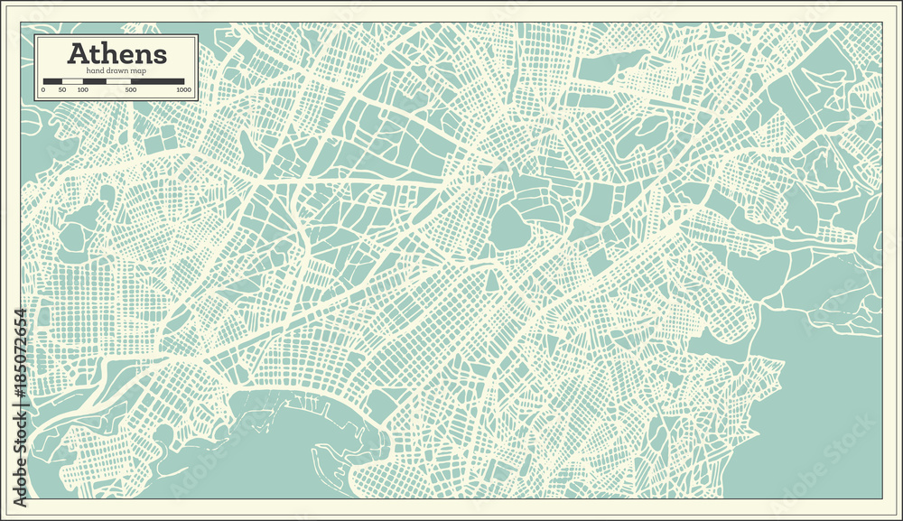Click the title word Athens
click(x=116, y=54)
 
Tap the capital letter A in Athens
click(x=78, y=54)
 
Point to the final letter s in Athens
click(x=159, y=55)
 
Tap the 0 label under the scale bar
click(x=43, y=90)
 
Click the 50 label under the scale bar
click(x=61, y=90)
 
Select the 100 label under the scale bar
click(x=82, y=90)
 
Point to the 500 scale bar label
click(x=131, y=90)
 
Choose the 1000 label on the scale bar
click(x=183, y=90)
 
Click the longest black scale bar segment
click(x=157, y=81)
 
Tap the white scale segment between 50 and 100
click(x=72, y=81)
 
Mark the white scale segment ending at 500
click(x=118, y=81)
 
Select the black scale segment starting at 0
click(x=52, y=81)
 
